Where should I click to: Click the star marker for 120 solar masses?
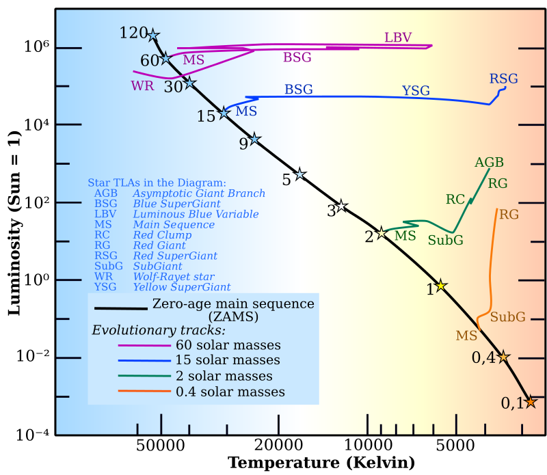[153, 36]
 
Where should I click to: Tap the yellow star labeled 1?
[441, 285]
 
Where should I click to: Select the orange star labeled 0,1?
[530, 402]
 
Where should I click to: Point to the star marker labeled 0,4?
[503, 357]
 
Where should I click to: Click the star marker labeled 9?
[254, 139]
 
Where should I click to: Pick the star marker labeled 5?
[299, 174]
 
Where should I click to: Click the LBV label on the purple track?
[398, 38]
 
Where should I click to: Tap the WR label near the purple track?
[142, 86]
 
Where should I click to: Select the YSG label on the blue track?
[416, 91]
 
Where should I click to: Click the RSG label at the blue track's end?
[503, 79]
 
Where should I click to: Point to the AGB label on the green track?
[489, 163]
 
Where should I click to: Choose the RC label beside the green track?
[455, 200]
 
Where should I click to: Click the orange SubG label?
[507, 317]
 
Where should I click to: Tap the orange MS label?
[466, 336]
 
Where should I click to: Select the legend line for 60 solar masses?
[144, 346]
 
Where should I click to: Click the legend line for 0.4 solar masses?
[144, 392]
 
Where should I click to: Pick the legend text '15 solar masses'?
[228, 360]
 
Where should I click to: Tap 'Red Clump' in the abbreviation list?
[162, 235]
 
